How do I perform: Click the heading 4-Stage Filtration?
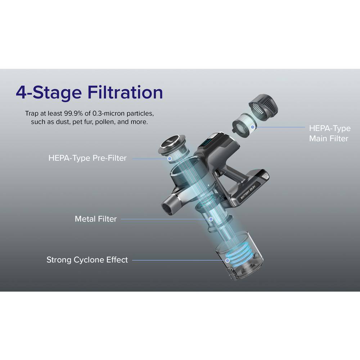pos(89,93)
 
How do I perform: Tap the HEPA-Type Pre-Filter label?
pos(87,158)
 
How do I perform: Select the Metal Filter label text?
pos(96,219)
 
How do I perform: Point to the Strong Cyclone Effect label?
pos(87,260)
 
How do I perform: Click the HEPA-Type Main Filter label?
pos(330,134)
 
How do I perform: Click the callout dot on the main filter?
pos(253,127)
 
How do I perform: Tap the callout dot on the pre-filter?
pos(170,158)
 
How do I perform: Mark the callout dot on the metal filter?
pos(211,219)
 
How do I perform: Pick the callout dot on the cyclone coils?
pos(227,260)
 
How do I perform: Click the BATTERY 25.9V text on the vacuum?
pos(248,192)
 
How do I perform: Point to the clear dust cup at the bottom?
pos(239,256)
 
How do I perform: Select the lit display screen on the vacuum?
pos(206,141)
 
